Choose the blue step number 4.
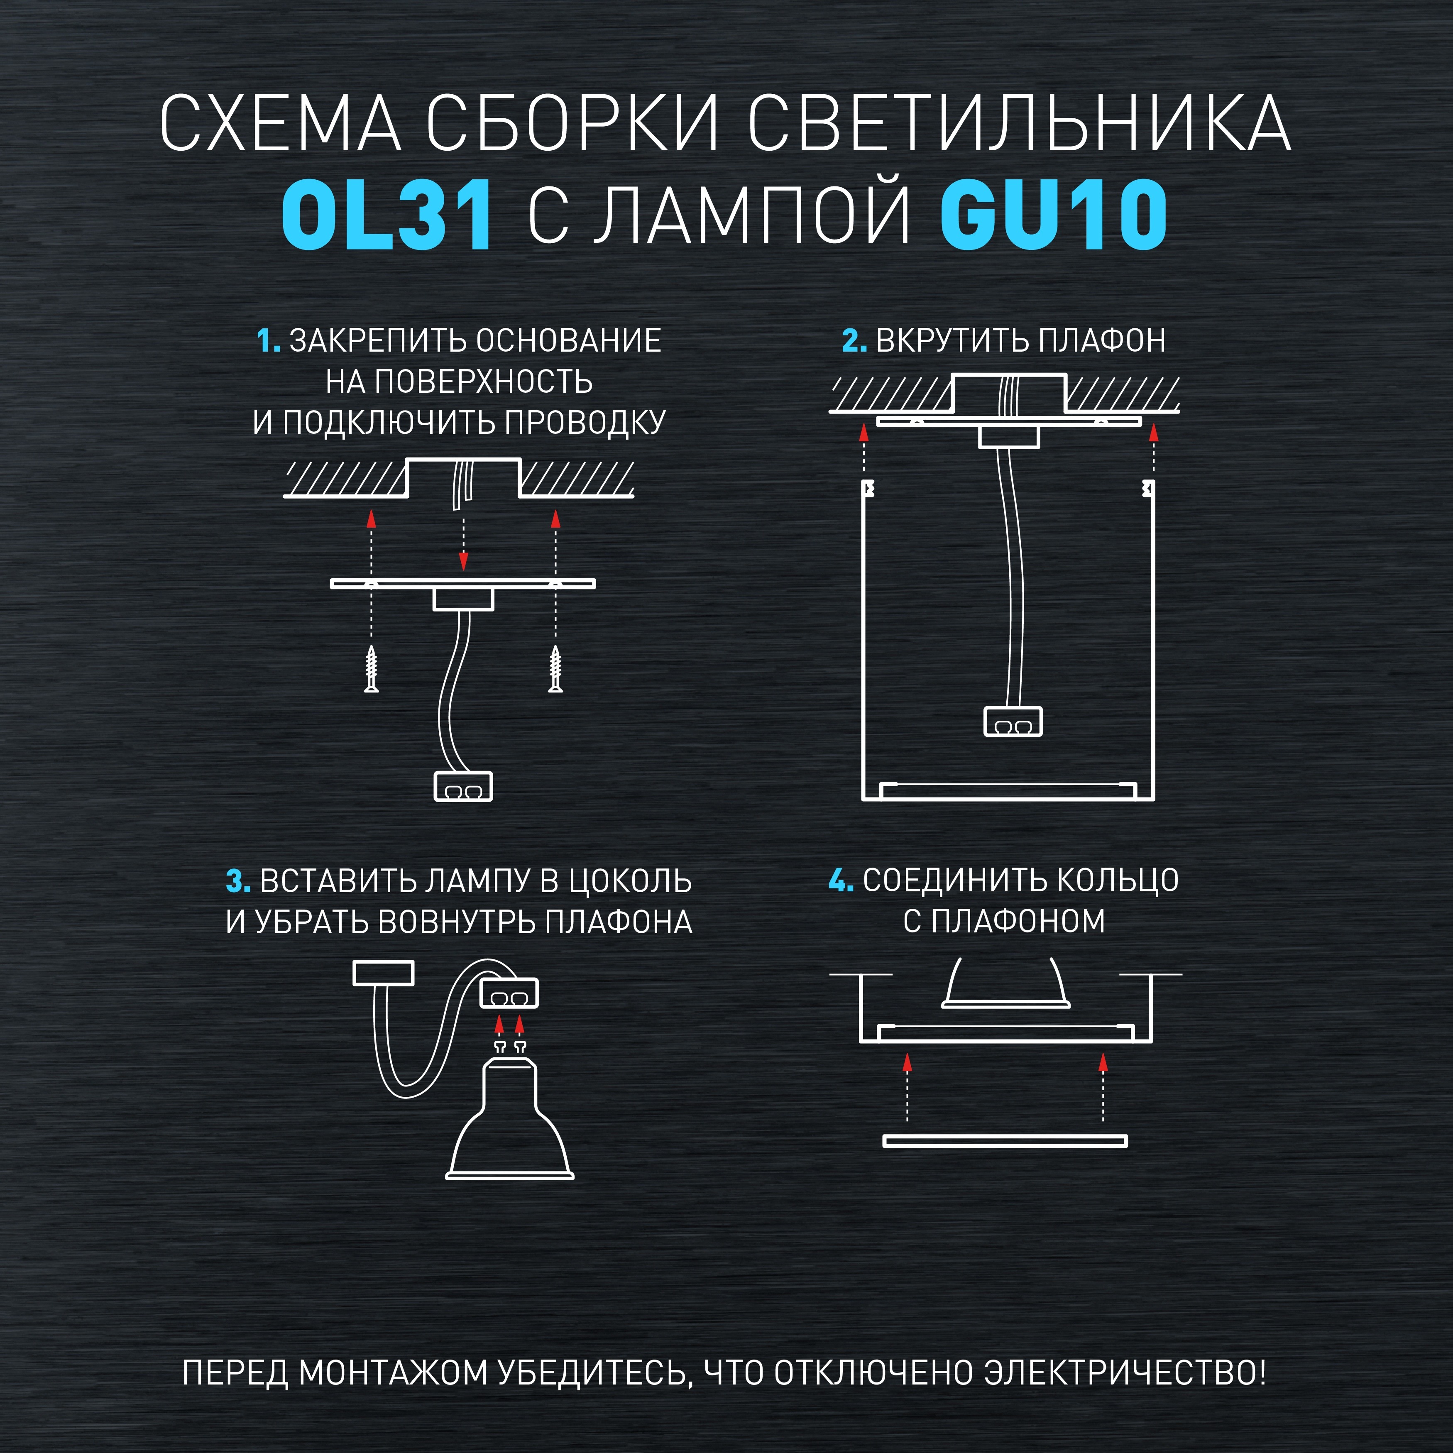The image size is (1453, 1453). coord(840,880)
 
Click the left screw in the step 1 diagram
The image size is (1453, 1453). coord(371,668)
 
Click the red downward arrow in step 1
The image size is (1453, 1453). coord(463,560)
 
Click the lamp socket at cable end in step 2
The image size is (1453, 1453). coord(1013,721)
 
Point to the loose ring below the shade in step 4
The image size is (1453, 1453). coord(1005,1141)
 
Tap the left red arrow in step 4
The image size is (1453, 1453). coord(907,1062)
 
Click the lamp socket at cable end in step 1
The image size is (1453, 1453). coord(463,787)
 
